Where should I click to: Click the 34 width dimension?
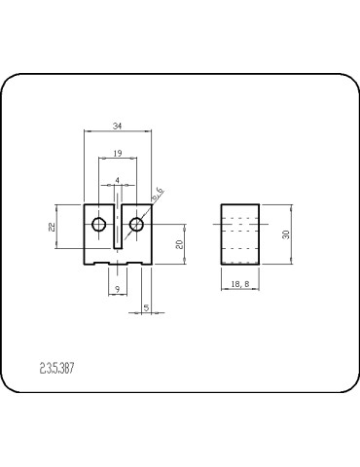coord(117,126)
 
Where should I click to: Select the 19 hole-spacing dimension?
coord(117,154)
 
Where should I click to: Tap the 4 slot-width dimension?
coord(118,180)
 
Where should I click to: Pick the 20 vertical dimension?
coord(180,243)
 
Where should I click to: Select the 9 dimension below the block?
coord(117,290)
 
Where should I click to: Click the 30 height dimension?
coord(285,233)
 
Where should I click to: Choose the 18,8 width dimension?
coord(237,284)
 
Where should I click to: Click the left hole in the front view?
coord(98,226)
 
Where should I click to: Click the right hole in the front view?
coord(136,226)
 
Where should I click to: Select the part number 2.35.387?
coord(58,369)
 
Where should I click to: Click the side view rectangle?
coord(237,233)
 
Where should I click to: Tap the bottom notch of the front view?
coord(118,260)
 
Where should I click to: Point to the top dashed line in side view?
coord(237,217)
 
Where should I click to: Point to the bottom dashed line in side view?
coord(237,249)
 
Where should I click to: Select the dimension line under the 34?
coord(117,131)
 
